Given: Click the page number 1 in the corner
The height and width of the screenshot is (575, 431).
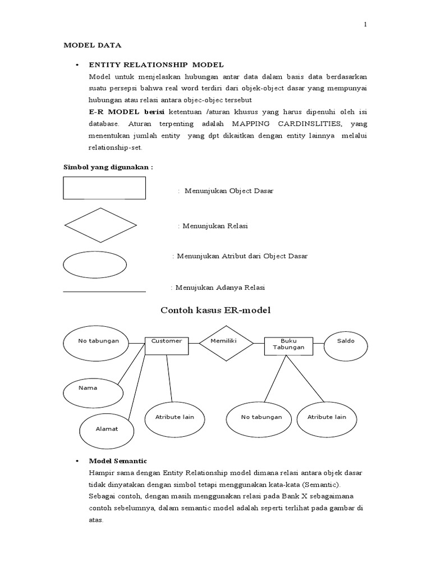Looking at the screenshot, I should tap(365, 25).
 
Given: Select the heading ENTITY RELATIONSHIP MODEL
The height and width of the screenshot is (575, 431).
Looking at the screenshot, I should tap(156, 65).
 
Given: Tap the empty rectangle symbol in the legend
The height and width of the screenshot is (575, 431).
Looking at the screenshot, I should tap(104, 188).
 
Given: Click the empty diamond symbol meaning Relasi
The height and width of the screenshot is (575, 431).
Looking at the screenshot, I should tap(100, 225).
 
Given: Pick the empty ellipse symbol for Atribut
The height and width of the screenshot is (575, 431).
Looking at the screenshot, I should tap(94, 264).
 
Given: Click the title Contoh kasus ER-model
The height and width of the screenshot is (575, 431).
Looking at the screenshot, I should tap(215, 310).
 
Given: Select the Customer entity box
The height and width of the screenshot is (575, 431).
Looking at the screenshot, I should tap(167, 344).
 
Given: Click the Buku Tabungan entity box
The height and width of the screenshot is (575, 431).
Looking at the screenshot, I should tap(288, 345).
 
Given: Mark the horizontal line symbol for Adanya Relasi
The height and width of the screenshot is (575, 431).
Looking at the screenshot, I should tap(104, 291).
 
